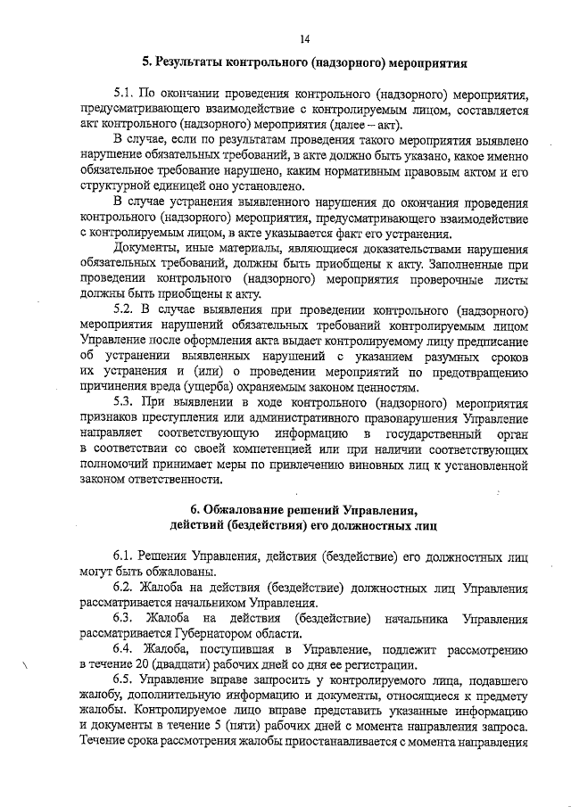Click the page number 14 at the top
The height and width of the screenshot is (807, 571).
(305, 37)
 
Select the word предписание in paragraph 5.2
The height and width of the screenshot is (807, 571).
(493, 340)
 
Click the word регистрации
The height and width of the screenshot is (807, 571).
(378, 665)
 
